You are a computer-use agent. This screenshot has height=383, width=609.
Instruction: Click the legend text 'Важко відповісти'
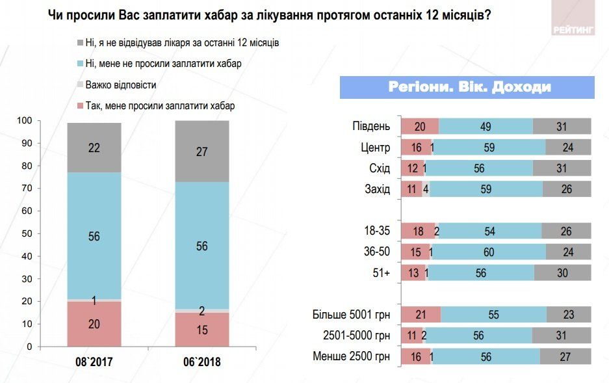(x=120, y=85)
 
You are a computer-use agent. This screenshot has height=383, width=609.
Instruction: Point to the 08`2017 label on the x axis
(x=94, y=362)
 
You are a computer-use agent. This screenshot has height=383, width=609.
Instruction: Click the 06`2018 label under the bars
(x=202, y=362)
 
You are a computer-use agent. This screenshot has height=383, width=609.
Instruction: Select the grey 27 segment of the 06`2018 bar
(x=202, y=152)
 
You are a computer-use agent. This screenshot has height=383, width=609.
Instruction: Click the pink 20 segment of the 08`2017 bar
(x=94, y=324)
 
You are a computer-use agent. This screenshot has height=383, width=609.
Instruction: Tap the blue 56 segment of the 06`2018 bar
(x=202, y=246)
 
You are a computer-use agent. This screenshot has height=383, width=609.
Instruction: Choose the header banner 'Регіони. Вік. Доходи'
(x=467, y=87)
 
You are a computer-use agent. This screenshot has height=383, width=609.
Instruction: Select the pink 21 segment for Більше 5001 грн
(x=421, y=315)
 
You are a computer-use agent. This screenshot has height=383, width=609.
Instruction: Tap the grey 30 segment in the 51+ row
(x=562, y=273)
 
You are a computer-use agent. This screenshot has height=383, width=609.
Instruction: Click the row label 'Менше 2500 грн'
(x=351, y=356)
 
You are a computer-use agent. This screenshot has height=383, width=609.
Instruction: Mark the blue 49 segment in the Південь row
(x=486, y=126)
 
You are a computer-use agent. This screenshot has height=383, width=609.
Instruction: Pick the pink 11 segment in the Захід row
(x=411, y=189)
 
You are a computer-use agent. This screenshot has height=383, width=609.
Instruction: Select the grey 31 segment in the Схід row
(x=562, y=168)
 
